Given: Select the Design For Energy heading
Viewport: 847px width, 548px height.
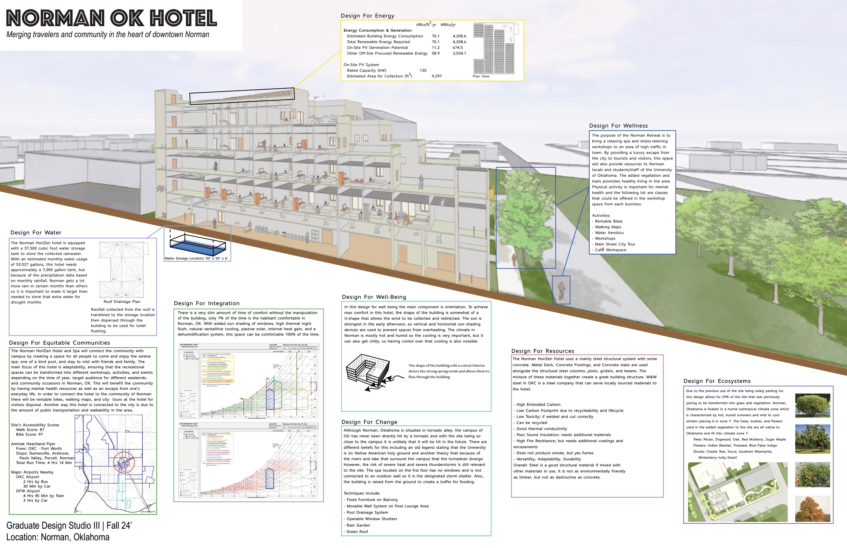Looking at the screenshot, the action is point(367,16).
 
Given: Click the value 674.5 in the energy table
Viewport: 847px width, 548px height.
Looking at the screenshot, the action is point(458,47).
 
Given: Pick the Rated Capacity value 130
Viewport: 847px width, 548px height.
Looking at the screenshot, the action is point(423,70).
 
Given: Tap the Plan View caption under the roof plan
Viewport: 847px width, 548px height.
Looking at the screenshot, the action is point(481,76).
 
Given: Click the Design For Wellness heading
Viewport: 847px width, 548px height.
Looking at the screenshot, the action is point(618,126).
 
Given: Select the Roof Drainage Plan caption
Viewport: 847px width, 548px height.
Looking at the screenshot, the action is point(122,301).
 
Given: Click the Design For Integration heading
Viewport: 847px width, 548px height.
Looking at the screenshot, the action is point(207,303).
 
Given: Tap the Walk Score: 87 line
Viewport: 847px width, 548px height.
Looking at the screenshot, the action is point(30,429).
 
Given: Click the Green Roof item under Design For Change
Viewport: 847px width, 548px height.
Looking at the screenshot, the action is point(357,532).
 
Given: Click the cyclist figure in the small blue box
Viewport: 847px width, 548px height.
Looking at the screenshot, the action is point(561,290).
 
